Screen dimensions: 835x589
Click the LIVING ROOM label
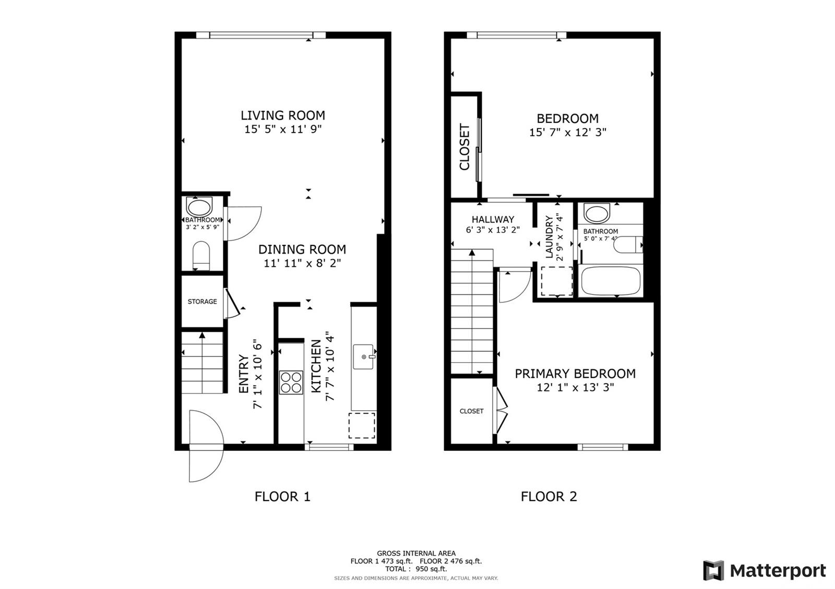coord(282,115)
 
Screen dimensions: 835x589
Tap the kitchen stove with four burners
coord(291,383)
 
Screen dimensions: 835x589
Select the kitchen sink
coord(363,357)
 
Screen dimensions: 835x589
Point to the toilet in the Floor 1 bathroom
coord(201,256)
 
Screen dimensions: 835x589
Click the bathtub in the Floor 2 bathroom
coord(611,281)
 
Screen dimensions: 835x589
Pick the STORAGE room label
coord(202,302)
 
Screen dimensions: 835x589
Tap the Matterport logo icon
coord(713,570)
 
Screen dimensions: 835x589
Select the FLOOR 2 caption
coord(548,497)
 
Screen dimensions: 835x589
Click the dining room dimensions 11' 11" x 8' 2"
coord(302,263)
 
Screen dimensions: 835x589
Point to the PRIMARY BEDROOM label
coord(575,374)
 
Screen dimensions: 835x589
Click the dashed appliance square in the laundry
coord(557,281)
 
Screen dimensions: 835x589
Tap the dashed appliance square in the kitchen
coord(362,425)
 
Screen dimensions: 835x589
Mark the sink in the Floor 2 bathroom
coord(597,213)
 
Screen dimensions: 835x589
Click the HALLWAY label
coord(493,219)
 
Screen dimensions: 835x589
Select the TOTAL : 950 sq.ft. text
coord(416,569)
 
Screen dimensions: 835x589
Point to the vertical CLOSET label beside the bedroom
coord(464,146)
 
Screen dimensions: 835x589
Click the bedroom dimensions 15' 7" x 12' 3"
coord(568,132)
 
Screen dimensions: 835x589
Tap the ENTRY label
coord(244,373)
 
